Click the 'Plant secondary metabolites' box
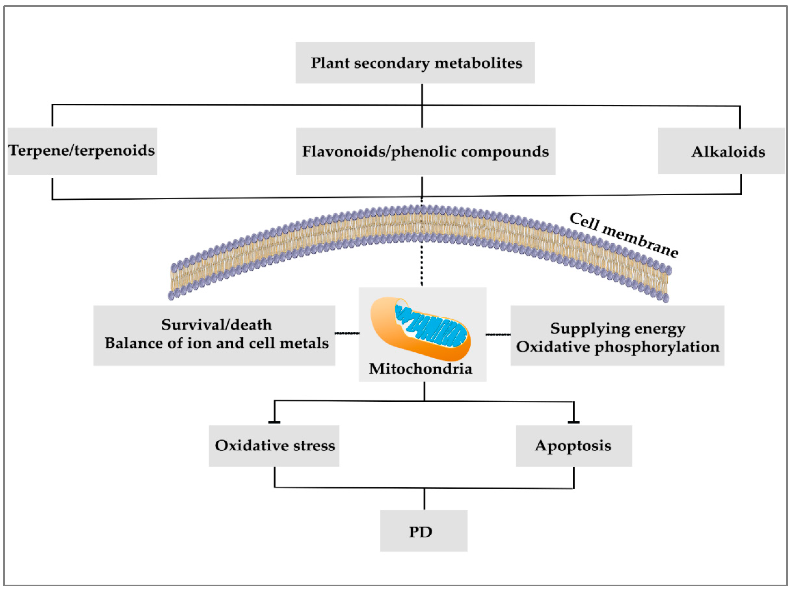coord(415,63)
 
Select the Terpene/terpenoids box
coord(82,151)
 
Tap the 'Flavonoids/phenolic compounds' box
coord(426,151)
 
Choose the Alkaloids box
coord(721,151)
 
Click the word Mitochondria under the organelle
coord(420,369)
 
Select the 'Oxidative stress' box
coord(274,445)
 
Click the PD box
coord(424,530)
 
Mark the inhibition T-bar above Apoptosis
coord(574,422)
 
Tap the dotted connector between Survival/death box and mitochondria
coord(347,334)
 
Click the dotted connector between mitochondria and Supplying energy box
coord(498,334)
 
